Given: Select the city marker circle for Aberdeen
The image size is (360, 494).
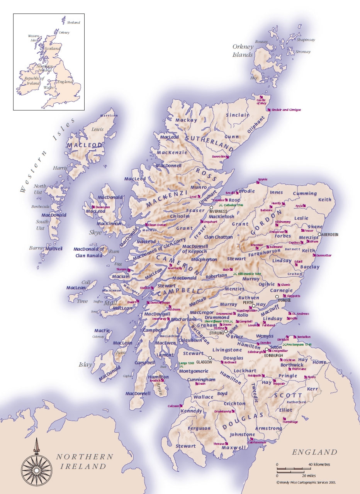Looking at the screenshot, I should (320, 234).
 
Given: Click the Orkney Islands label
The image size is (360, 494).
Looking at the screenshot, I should (243, 51).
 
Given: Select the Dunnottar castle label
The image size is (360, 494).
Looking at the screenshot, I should (324, 255).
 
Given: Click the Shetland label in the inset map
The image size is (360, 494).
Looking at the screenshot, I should (73, 23).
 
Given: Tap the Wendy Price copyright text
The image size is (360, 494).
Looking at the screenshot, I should (306, 482).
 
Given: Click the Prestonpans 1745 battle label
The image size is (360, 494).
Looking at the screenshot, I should (300, 344).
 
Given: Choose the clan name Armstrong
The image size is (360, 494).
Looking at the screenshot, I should (269, 428).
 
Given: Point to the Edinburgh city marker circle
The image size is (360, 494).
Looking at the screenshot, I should (266, 350).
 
